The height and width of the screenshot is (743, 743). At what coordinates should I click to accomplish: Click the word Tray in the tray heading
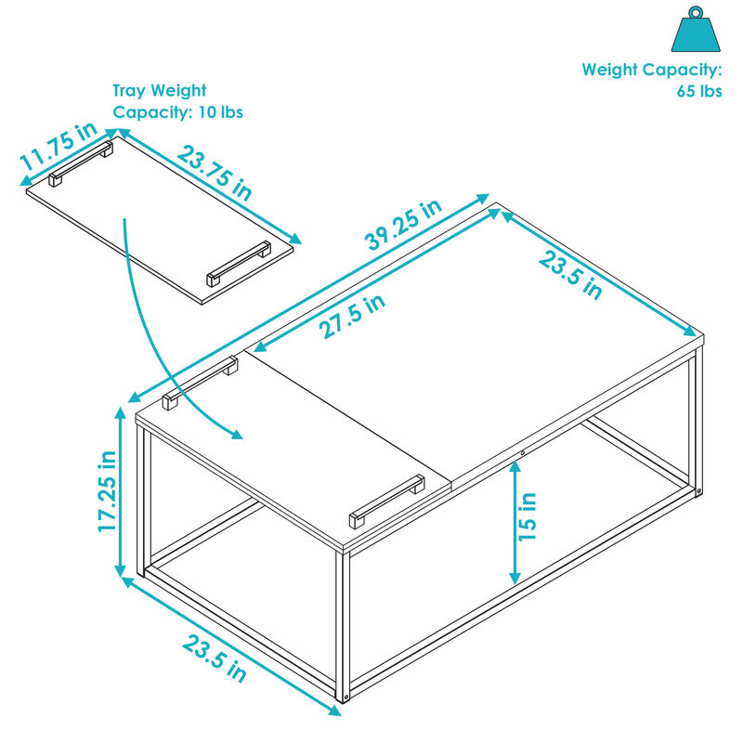click(x=131, y=91)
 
